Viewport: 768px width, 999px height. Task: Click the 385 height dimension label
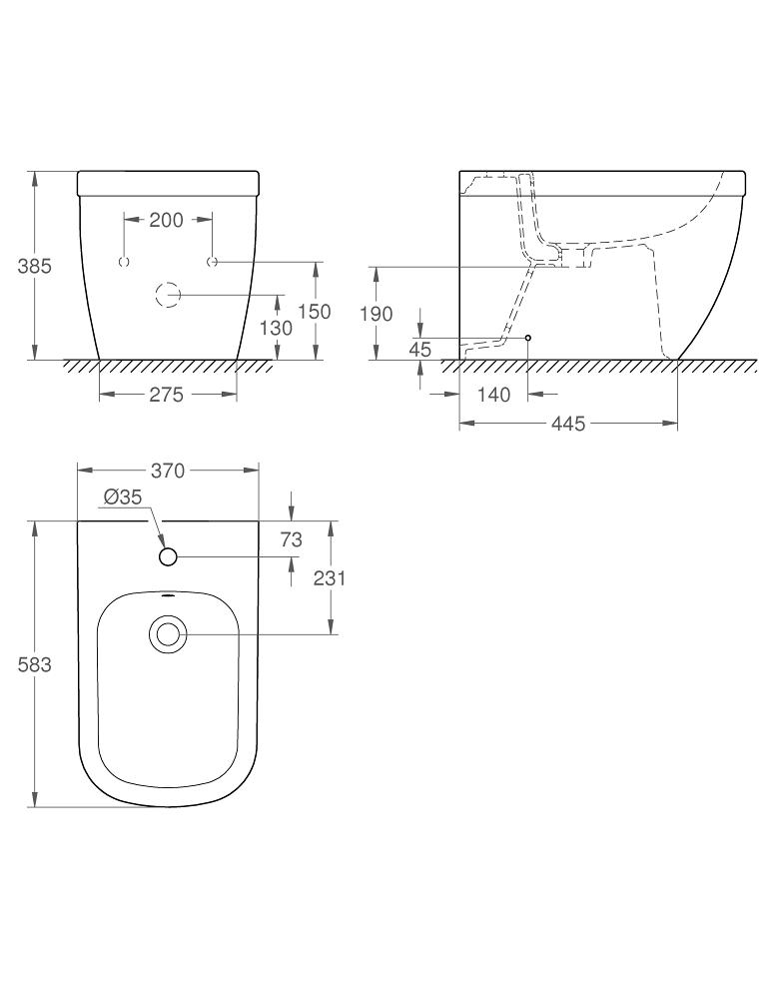(x=34, y=266)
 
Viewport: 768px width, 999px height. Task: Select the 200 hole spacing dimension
(x=166, y=220)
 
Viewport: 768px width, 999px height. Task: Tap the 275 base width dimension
(x=166, y=395)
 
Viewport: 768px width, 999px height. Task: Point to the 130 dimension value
(x=277, y=328)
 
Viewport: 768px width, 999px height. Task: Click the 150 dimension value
(x=314, y=312)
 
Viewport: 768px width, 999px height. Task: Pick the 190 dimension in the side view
(x=376, y=314)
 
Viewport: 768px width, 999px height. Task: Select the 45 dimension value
(x=419, y=348)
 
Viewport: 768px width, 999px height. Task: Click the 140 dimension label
(x=493, y=395)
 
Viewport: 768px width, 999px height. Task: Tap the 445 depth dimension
(x=567, y=425)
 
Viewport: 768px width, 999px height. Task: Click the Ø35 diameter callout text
(x=123, y=497)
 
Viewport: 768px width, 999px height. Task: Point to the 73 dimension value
(x=291, y=540)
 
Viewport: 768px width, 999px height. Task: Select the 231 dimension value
(x=329, y=577)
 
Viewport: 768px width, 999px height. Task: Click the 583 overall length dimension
(x=34, y=664)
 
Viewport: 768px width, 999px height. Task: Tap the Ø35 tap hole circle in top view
(x=168, y=556)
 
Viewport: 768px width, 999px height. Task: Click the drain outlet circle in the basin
(x=168, y=633)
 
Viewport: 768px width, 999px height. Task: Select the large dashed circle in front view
(x=168, y=295)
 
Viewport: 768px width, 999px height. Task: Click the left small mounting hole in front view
(x=124, y=262)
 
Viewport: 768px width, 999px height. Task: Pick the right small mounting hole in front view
(x=212, y=262)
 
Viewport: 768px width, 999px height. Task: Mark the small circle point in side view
(x=528, y=338)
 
